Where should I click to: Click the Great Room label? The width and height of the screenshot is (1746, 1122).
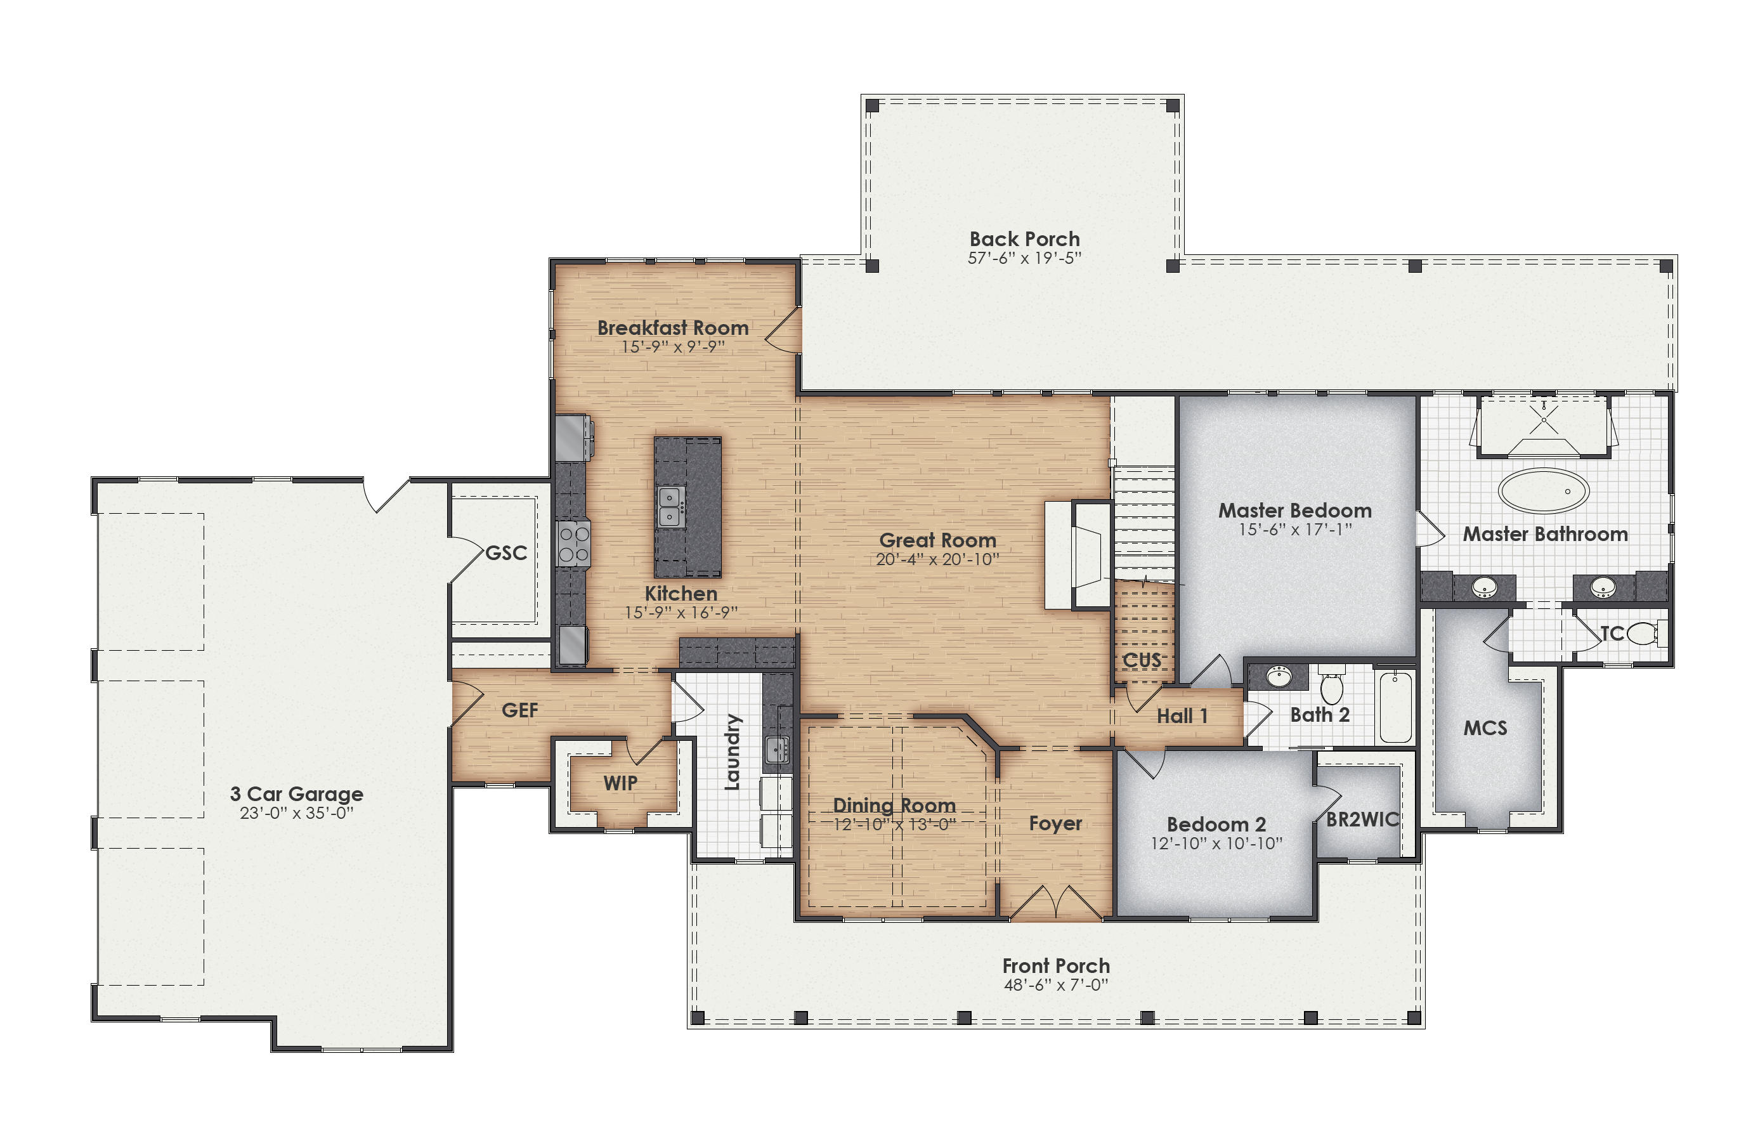coord(937,540)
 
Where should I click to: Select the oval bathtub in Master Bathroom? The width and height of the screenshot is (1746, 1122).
coord(1543,490)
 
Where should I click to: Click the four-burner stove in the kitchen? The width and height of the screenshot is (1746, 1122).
coord(573,544)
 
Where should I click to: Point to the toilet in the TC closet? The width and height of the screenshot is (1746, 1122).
coord(1642,633)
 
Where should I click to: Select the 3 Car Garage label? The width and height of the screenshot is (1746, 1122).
coord(296,793)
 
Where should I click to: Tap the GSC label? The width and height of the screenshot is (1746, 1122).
coord(505,553)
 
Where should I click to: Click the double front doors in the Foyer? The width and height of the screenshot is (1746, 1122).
coord(1055,903)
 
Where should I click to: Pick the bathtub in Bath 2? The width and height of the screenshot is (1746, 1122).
coord(1395,706)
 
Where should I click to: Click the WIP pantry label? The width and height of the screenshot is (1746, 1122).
coord(620,783)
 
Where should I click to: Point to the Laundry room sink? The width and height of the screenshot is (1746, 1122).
coord(776,748)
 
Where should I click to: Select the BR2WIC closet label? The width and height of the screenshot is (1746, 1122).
coord(1362,819)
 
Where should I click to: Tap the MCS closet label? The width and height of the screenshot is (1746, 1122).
coord(1485,728)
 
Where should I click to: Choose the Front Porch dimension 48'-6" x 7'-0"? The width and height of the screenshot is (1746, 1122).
coord(1055,985)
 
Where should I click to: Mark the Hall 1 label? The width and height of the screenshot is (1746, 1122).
coord(1182,716)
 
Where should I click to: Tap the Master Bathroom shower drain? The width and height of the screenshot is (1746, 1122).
coord(1543,421)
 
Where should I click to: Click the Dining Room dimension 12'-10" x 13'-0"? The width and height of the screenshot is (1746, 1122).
coord(894,824)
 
